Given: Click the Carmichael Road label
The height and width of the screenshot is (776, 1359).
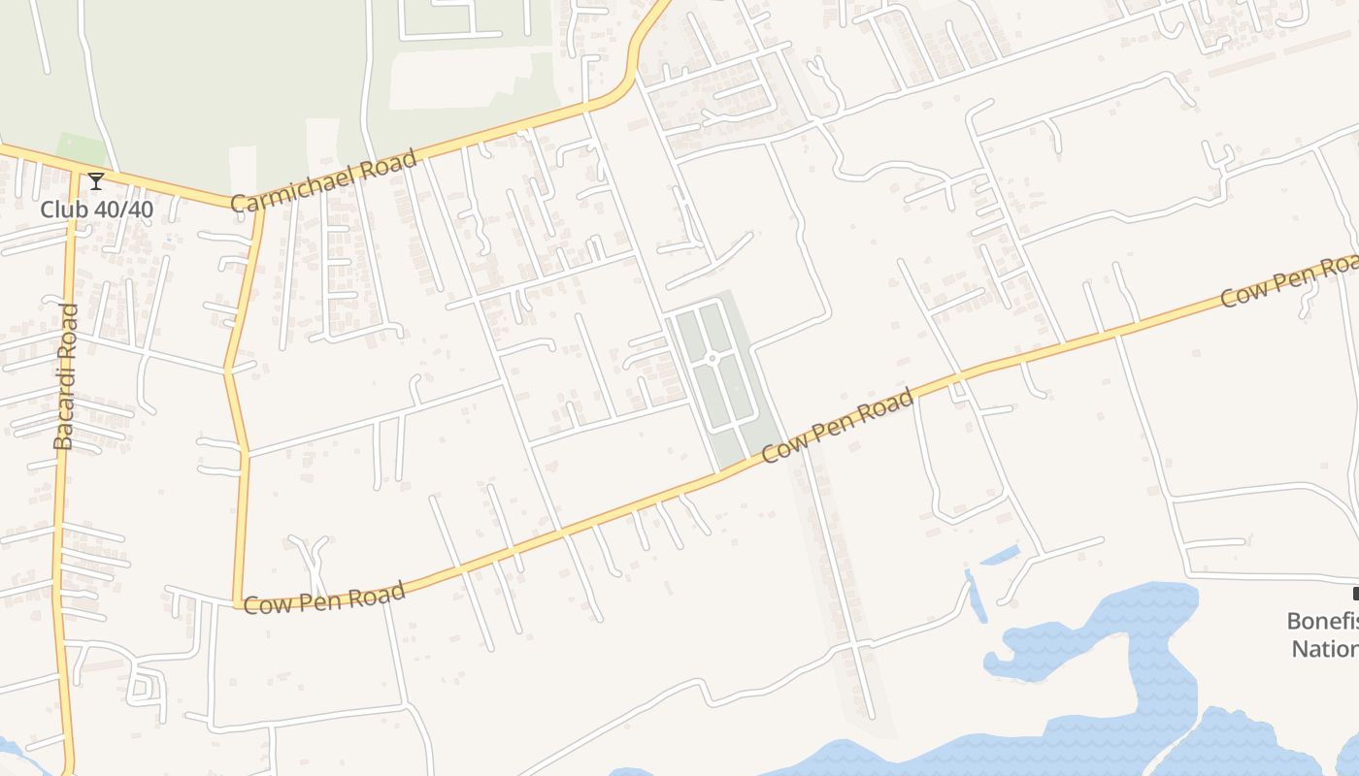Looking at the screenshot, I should [x=324, y=179].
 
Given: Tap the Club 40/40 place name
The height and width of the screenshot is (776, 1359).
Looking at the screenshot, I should [x=96, y=210].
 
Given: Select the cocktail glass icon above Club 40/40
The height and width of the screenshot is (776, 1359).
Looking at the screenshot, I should [x=96, y=181].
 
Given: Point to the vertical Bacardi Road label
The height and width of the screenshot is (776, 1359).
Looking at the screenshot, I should [x=64, y=376].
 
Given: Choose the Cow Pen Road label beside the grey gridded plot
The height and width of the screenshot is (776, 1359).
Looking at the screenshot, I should [x=838, y=425].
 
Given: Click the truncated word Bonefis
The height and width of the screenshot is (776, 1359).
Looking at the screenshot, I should [x=1322, y=621].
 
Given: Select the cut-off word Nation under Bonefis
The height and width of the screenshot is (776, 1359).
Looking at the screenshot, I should [x=1324, y=648].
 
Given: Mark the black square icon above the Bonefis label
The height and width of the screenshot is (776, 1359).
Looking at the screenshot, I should [x=1355, y=594].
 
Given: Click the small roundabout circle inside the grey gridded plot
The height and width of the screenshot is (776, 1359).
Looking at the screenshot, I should [x=712, y=359].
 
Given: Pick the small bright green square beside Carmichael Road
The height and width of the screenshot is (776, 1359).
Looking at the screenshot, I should [x=81, y=150].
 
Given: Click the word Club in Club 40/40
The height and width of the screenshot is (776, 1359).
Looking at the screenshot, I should [x=63, y=210].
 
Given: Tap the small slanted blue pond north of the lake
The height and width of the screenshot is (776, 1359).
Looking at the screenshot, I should [x=1000, y=556].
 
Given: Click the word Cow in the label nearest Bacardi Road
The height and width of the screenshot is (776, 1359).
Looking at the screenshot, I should [x=263, y=605].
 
